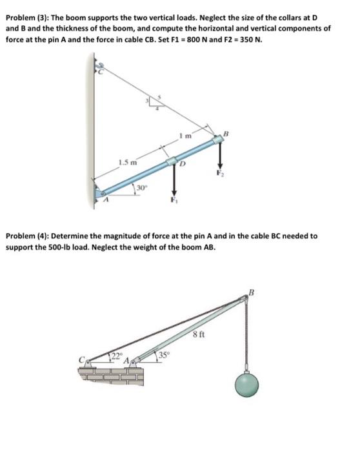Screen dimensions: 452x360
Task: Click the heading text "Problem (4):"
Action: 25,236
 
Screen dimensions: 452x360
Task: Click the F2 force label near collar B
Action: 219,173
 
